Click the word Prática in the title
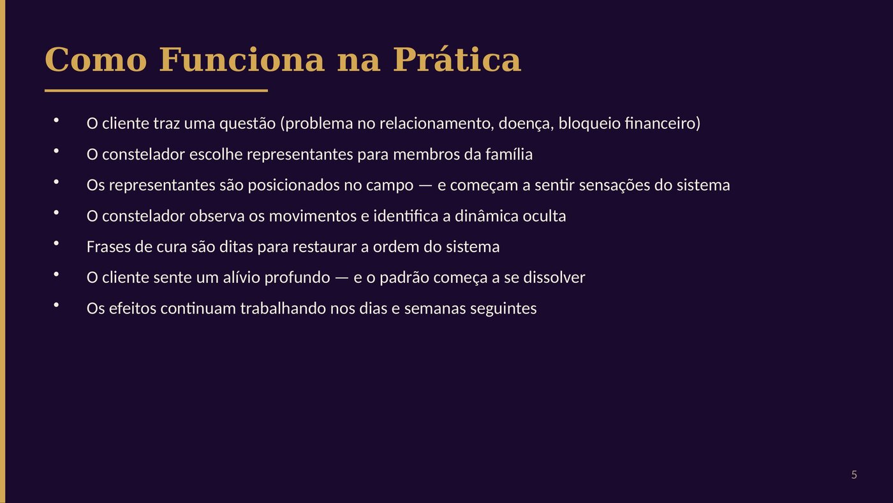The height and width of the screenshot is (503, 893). point(457,60)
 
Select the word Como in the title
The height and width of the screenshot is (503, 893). point(96,60)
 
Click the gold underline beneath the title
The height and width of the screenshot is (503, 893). point(156,91)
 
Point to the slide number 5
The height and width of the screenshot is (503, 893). point(854,475)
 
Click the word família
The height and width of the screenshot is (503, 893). point(509,154)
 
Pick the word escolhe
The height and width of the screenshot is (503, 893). point(216,154)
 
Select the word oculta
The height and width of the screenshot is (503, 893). point(544,216)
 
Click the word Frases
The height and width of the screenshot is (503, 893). point(108,247)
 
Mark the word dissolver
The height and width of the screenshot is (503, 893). point(554,278)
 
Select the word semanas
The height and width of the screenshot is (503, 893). point(434,309)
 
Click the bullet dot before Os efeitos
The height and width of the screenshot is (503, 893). point(56,305)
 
